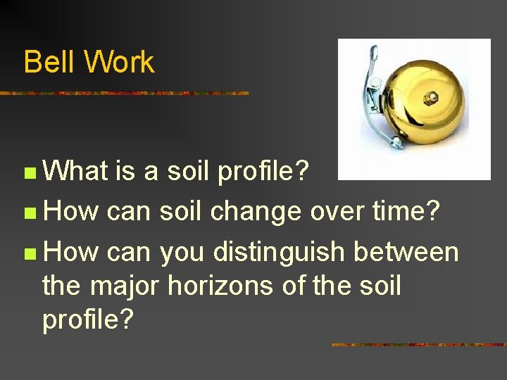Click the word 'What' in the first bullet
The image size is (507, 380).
click(x=74, y=171)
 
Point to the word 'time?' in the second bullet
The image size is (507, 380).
click(x=416, y=212)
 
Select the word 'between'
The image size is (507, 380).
click(x=406, y=252)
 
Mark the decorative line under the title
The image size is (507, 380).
click(x=124, y=93)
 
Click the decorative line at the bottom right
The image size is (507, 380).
click(x=418, y=345)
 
